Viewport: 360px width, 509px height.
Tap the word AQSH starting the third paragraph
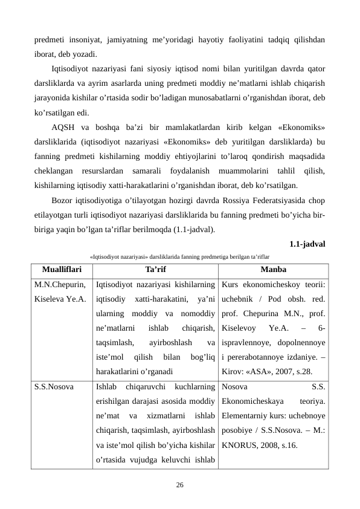64,129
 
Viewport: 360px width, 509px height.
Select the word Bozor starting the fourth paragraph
65,201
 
